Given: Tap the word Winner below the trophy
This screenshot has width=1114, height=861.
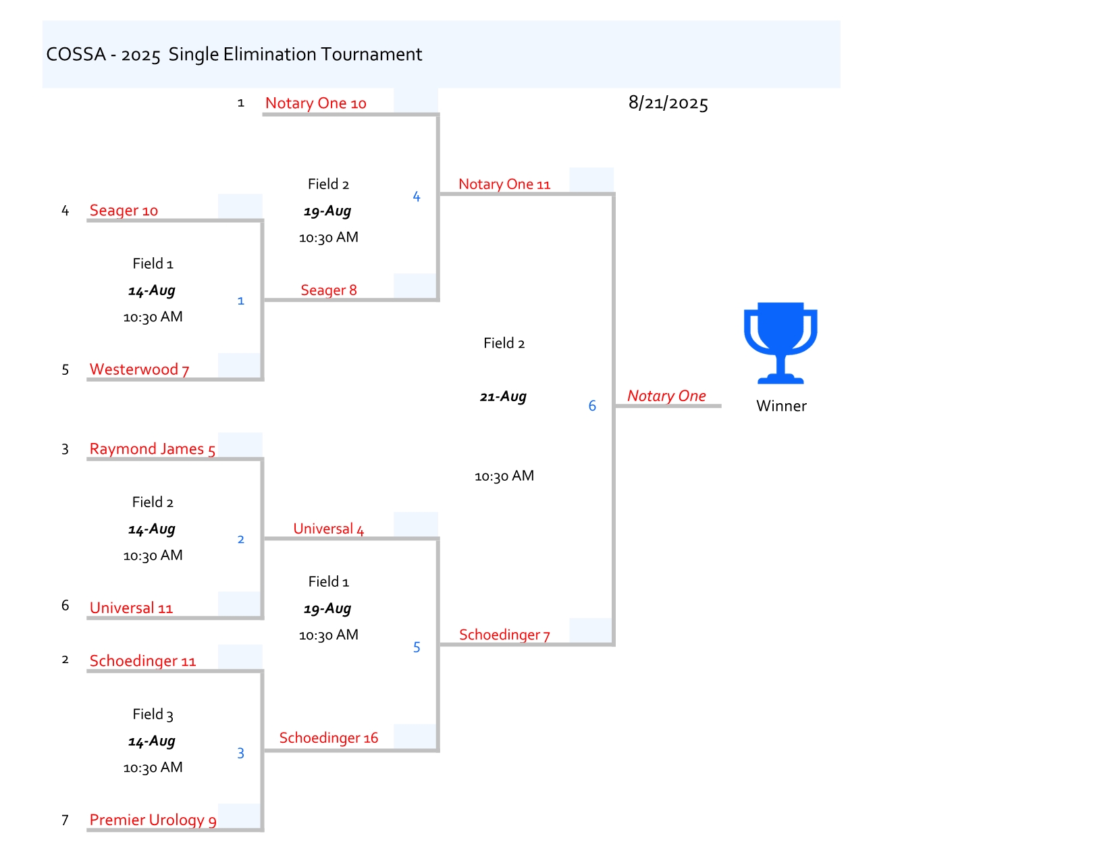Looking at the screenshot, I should coord(781,406).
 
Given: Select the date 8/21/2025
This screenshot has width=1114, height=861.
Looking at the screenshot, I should coord(668,103).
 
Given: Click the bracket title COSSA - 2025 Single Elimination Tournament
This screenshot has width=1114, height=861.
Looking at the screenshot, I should coord(234,54).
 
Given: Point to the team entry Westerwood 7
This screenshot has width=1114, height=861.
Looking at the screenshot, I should coord(139,369).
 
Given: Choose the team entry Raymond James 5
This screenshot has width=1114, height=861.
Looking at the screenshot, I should coord(152,449).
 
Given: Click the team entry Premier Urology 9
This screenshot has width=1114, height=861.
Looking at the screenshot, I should coord(153,820).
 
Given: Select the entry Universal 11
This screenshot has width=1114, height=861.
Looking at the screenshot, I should coord(131,608).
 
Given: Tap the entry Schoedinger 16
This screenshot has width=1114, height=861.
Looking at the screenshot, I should coord(329,738).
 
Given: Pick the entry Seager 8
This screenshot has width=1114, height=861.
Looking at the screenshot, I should coord(329,290).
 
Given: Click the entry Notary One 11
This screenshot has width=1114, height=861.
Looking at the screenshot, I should coord(504,184).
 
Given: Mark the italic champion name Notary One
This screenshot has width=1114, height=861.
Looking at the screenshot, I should coord(666,396).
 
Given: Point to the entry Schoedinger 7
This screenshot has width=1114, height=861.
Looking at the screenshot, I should coord(504,635).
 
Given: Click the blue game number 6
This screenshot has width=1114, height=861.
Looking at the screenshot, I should coord(592,406).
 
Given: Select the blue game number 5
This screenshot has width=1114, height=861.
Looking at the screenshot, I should coord(417,647).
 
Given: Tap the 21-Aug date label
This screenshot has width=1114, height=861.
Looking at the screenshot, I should coord(503,396).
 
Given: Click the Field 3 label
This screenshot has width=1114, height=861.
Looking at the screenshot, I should coord(153,714).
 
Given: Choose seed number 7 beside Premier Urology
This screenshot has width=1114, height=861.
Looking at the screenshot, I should coord(65,820).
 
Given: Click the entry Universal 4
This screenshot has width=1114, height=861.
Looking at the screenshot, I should coord(329,529).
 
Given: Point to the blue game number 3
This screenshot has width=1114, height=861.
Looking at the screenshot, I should coord(240,753).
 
